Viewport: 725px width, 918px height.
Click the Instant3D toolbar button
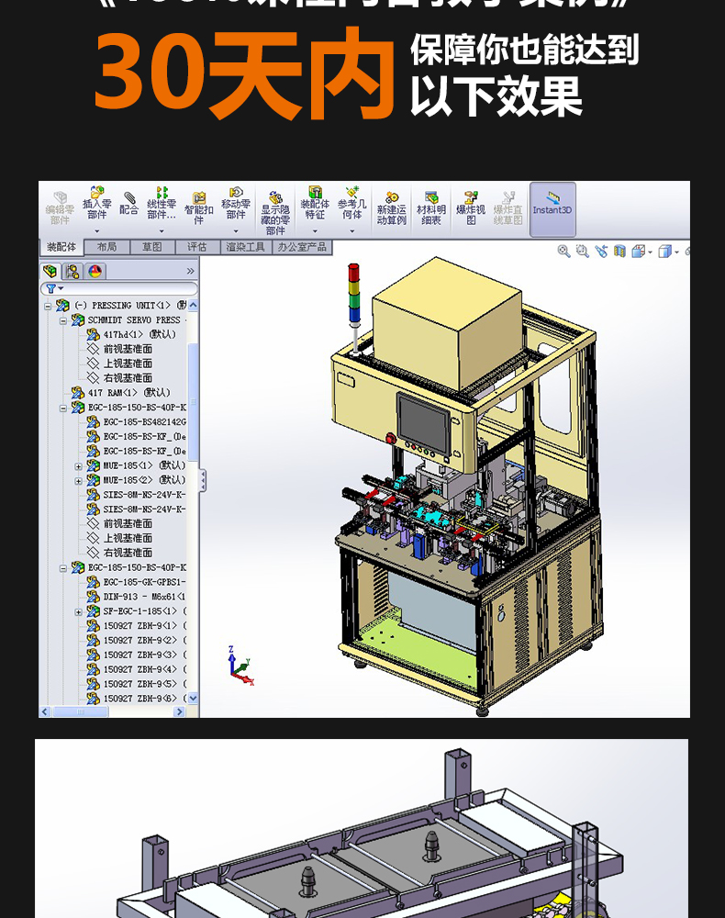(552, 207)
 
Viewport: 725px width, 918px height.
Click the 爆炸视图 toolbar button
(472, 208)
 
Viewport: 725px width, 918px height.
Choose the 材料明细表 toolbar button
(431, 208)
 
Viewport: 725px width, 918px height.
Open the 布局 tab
(106, 247)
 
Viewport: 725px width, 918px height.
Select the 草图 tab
(151, 247)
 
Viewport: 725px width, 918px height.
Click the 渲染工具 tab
(245, 247)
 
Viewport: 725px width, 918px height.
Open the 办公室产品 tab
(303, 247)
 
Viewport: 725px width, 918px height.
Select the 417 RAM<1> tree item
(128, 392)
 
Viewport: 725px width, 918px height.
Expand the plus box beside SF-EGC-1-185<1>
(79, 611)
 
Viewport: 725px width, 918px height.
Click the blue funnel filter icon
(50, 288)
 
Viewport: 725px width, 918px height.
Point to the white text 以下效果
(496, 96)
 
